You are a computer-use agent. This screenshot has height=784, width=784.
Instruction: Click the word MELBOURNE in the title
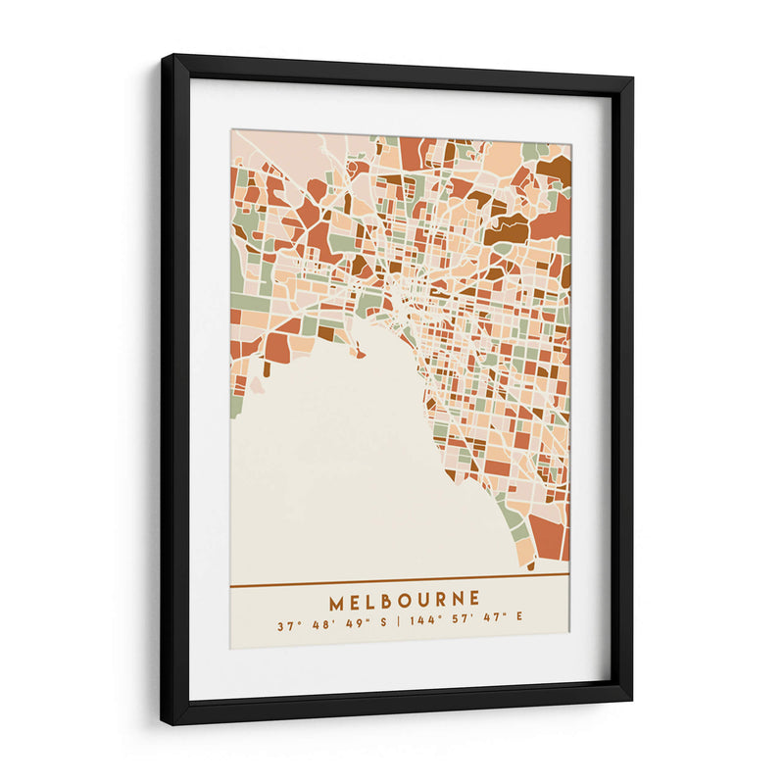click(405, 599)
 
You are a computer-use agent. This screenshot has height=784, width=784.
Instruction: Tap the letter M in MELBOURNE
click(336, 599)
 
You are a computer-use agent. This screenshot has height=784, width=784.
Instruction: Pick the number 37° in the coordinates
click(286, 623)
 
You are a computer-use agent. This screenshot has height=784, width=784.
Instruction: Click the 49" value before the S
click(352, 623)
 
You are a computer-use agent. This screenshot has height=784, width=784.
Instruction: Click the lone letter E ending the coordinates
click(519, 623)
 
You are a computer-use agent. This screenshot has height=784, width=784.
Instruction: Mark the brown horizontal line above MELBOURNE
click(400, 586)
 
